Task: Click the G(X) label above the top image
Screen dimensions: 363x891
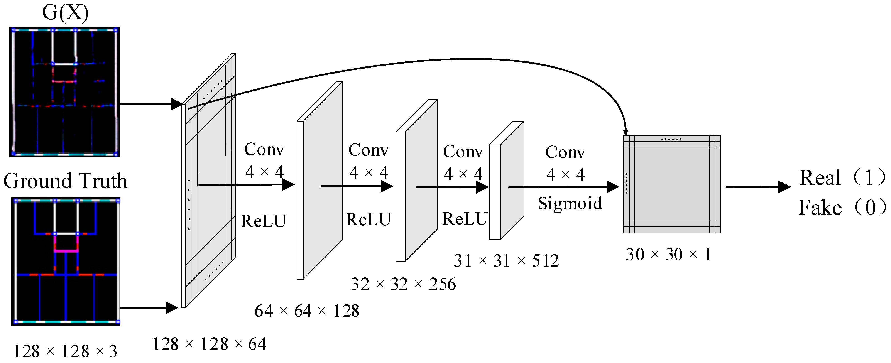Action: pyautogui.click(x=65, y=12)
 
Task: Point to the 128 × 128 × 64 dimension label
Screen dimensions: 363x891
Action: pyautogui.click(x=209, y=344)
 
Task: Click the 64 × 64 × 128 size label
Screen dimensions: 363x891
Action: pyautogui.click(x=307, y=311)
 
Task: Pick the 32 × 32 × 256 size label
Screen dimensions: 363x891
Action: pyautogui.click(x=403, y=284)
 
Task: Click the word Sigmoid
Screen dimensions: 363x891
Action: pyautogui.click(x=570, y=203)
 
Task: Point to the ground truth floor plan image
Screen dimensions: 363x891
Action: pyautogui.click(x=66, y=262)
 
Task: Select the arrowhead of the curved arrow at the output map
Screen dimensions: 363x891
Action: pyautogui.click(x=625, y=132)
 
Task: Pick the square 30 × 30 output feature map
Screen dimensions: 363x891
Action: pyautogui.click(x=672, y=184)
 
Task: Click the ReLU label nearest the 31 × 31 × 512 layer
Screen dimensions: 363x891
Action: pyautogui.click(x=465, y=219)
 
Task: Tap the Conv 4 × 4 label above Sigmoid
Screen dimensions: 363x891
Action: pyautogui.click(x=565, y=163)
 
